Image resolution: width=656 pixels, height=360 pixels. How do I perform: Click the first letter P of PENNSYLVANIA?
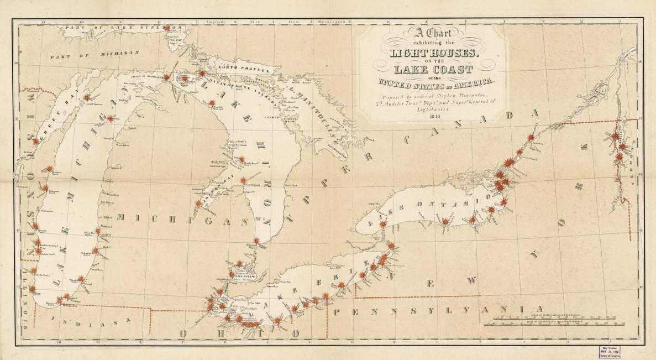point(336,311)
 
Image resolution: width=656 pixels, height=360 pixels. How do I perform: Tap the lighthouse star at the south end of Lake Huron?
point(256,239)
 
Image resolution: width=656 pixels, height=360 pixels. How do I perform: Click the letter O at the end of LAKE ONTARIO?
point(488,196)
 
